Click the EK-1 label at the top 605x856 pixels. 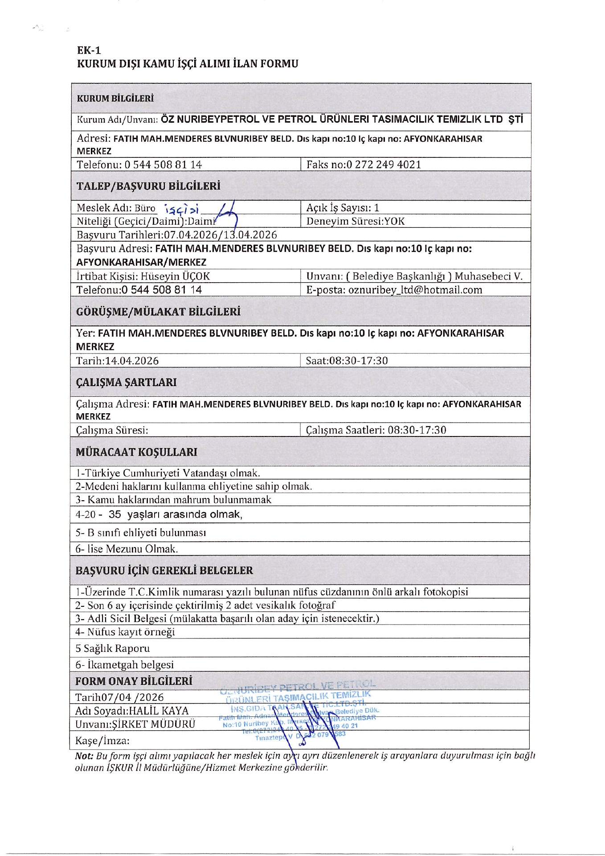(89, 50)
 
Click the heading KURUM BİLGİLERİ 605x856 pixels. (115, 99)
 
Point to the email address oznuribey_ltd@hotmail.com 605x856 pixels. (415, 290)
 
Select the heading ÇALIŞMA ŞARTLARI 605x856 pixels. (127, 383)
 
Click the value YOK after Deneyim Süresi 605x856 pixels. (395, 222)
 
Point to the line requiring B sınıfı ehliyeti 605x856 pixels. (141, 533)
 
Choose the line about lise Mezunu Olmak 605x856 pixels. (127, 549)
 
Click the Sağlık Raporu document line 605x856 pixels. (113, 649)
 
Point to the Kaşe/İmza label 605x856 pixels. (102, 741)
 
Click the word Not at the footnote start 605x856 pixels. (84, 756)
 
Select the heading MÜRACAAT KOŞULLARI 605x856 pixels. (136, 453)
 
